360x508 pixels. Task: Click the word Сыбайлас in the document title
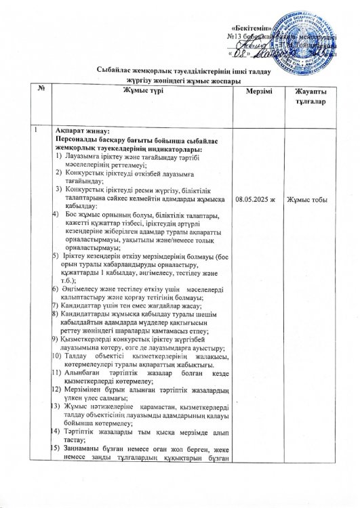(114, 70)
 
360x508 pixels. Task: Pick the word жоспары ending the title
(202, 80)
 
